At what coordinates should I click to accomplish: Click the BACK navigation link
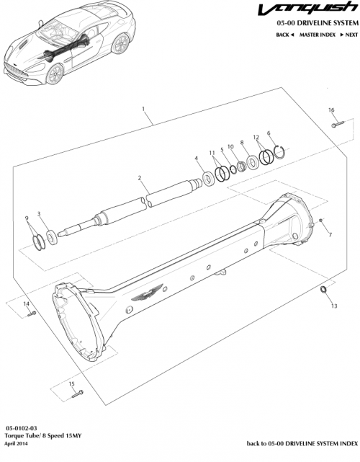point(285,35)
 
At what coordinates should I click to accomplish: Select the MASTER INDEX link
point(317,35)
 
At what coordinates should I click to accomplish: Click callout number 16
point(332,110)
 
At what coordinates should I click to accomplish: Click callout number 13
point(333,306)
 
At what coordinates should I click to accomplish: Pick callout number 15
point(72,384)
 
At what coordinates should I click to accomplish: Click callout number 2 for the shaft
point(140,177)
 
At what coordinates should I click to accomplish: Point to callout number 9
point(27,218)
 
